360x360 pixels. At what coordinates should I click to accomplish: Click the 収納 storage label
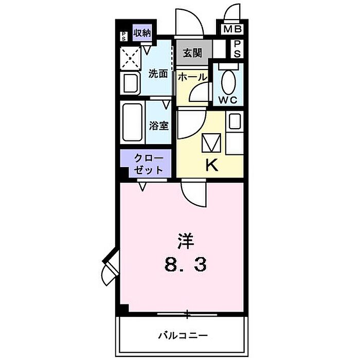tap(142, 33)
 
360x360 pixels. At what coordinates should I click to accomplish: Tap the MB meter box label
tap(232, 29)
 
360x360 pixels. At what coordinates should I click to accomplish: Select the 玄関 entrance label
tap(192, 53)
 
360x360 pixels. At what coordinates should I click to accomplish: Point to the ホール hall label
tap(192, 77)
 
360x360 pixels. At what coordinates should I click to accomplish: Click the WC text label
tap(227, 100)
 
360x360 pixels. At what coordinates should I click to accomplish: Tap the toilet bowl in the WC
tap(228, 81)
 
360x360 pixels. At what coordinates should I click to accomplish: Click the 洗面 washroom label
tap(158, 74)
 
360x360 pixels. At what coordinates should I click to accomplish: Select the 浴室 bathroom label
tap(158, 125)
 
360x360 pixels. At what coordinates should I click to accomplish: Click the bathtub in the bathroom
tap(133, 122)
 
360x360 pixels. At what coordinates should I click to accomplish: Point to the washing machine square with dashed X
tap(130, 58)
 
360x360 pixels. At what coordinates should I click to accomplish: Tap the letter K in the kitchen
tap(211, 165)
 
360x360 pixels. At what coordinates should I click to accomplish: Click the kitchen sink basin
tap(235, 121)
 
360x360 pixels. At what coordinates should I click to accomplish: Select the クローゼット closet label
tap(148, 164)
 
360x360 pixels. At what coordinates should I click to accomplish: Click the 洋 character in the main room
tap(186, 241)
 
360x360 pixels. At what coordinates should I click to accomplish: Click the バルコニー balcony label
tap(183, 336)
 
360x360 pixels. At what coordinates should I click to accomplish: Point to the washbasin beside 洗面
tap(130, 83)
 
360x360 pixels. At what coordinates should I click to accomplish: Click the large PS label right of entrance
tap(237, 49)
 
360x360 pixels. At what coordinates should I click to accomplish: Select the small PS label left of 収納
tap(123, 37)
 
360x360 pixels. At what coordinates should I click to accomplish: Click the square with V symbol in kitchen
tap(211, 143)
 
